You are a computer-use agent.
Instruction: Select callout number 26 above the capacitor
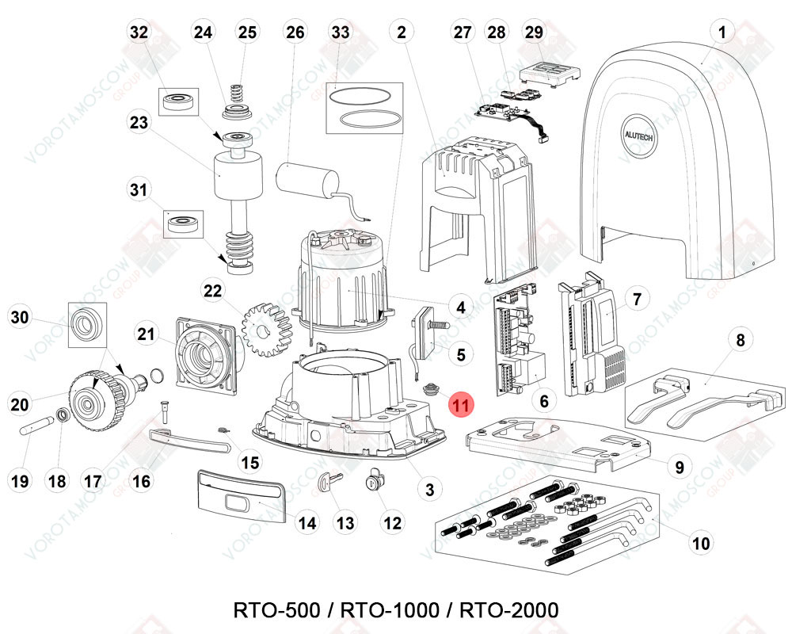(295, 32)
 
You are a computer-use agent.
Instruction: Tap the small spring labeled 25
(237, 89)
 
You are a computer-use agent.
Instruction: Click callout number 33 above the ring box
(341, 32)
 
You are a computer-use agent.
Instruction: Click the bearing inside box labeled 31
(185, 223)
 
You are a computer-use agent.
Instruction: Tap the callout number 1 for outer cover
(722, 32)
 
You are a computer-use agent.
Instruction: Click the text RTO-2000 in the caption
(508, 610)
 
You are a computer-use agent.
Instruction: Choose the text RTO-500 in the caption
(276, 610)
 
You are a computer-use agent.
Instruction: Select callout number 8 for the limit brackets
(741, 341)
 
